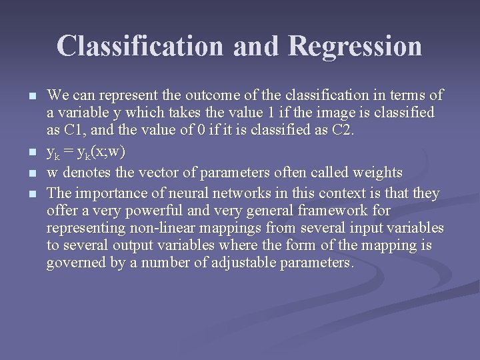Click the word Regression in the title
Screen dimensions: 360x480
click(x=355, y=47)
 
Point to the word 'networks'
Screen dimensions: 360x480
click(x=234, y=193)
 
